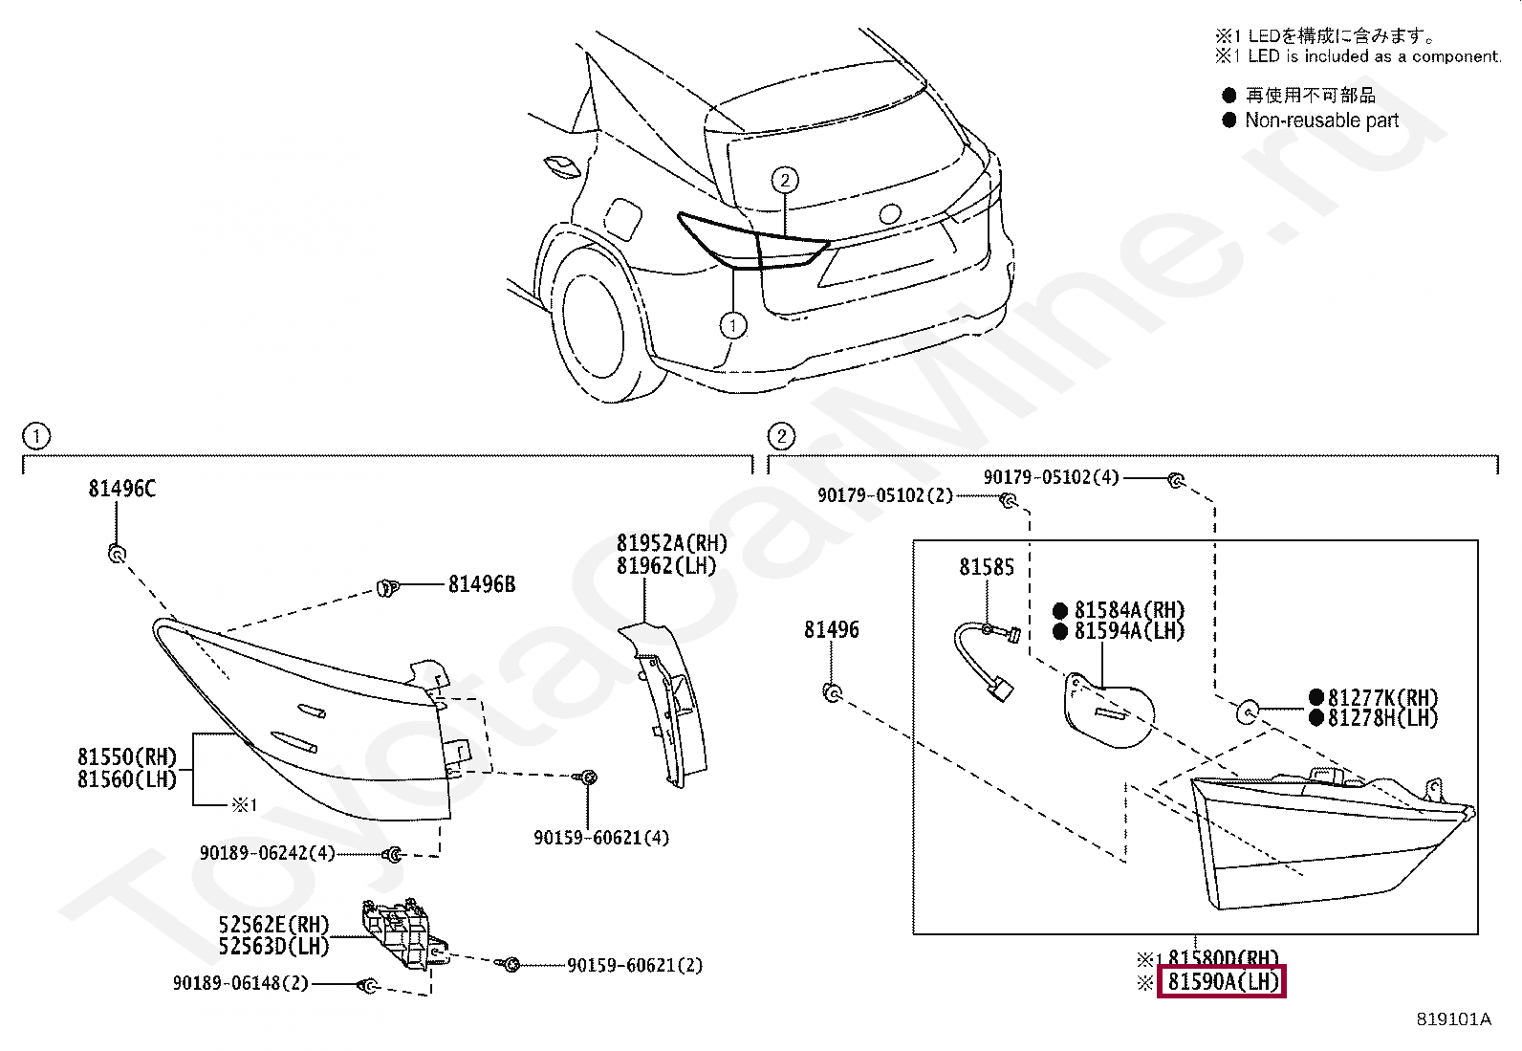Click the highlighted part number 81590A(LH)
pos(1222,981)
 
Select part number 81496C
pos(121,489)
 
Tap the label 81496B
pos(481,584)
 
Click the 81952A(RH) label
pos(671,543)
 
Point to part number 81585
pos(987,567)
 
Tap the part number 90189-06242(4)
pos(267,852)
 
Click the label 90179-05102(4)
pos(1051,476)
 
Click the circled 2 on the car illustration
pos(784,180)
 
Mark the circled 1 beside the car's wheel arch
pos(732,326)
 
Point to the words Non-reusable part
pos(1320,120)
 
